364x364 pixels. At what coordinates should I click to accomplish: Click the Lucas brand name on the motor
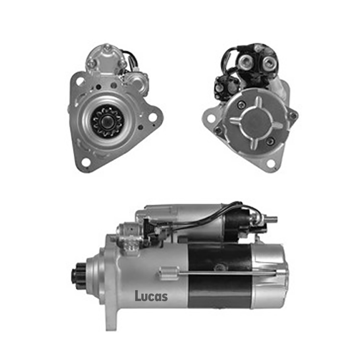pos(151,296)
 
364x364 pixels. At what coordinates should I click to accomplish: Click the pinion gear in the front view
pos(107,121)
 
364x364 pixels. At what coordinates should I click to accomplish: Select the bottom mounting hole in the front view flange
pos(86,162)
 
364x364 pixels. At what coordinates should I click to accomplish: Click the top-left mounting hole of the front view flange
pos(80,81)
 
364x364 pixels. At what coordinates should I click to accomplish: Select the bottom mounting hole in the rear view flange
pos(270,163)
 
